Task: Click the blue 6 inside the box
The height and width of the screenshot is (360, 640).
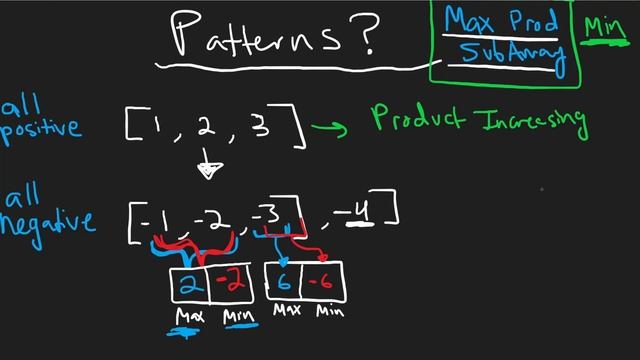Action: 283,281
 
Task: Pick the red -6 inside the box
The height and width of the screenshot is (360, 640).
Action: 322,282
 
